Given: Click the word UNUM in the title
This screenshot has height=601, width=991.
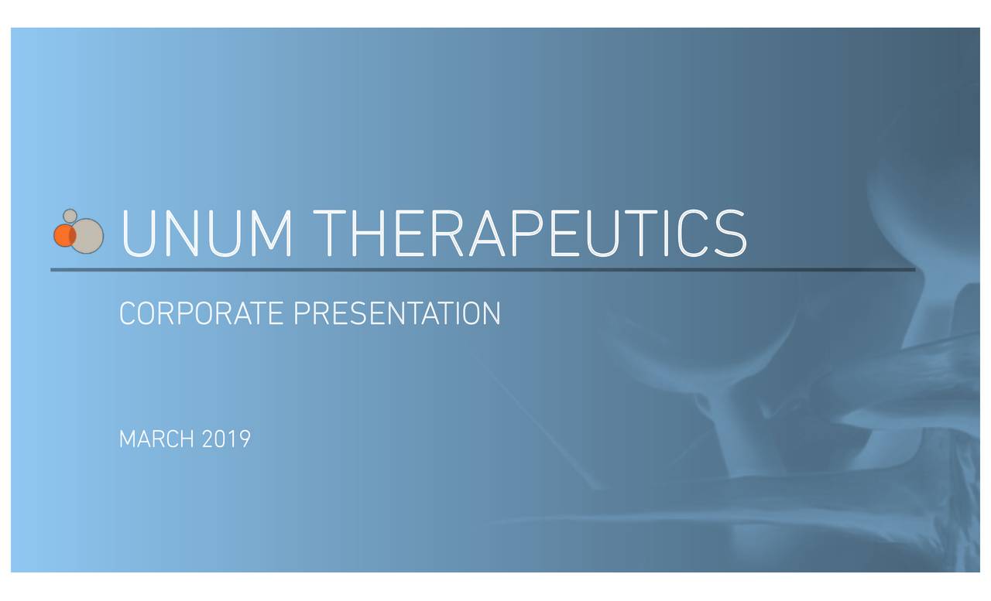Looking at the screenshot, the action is coord(207,233).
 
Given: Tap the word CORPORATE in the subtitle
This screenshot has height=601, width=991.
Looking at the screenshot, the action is coord(201,313).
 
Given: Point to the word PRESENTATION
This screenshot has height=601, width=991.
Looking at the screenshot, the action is coord(397,313).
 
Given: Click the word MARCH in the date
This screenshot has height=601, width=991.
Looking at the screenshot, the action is coord(156,439).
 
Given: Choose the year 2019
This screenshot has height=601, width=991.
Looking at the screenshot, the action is coord(226,439).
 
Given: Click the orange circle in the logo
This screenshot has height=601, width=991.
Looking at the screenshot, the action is coord(64,235).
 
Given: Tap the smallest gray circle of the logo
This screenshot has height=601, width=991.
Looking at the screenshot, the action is coord(70,216).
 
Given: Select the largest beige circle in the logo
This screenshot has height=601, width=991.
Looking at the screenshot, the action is coord(87,236).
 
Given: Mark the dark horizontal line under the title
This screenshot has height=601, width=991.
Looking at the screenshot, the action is coord(482,270).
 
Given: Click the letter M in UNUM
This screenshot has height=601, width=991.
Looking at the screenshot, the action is coord(272,233).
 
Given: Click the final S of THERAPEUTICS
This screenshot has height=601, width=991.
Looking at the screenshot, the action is coord(730,233).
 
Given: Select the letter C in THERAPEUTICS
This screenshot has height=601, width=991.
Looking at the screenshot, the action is coord(691,233).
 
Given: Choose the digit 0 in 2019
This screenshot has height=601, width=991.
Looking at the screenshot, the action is coord(221,439).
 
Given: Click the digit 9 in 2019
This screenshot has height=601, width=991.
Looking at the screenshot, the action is coord(245,439).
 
